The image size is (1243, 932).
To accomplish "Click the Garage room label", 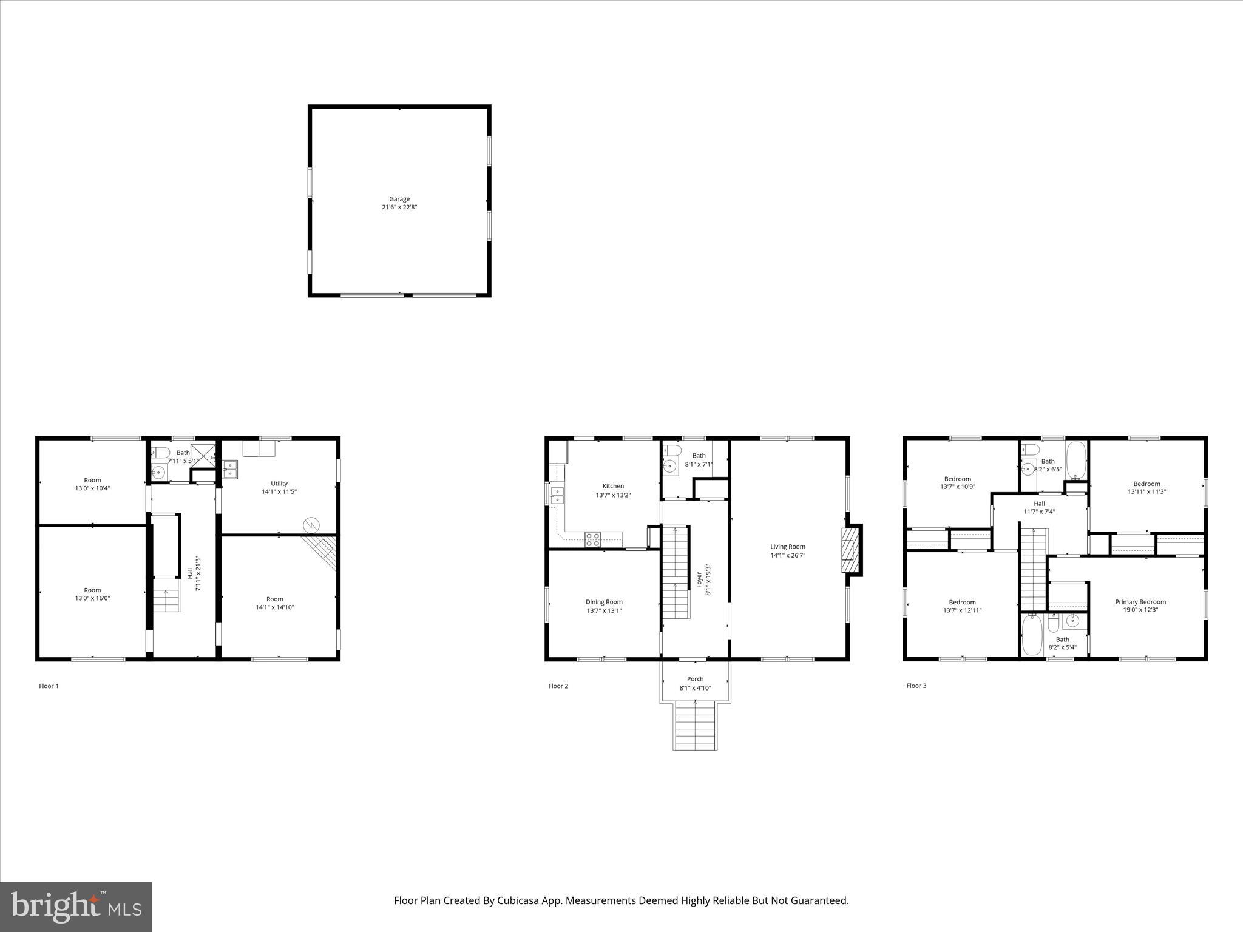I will (x=399, y=199).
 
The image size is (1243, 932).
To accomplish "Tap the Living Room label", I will (x=788, y=547).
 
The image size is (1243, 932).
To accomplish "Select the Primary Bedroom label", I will (x=1140, y=602).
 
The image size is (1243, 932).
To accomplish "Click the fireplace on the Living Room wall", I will (x=850, y=550).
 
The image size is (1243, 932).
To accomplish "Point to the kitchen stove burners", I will (x=593, y=539).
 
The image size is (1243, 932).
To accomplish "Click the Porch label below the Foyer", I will (x=695, y=679).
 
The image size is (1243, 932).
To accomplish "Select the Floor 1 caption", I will (x=49, y=686).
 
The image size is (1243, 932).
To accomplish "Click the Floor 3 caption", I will (x=916, y=686).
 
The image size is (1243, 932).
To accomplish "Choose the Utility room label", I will (x=279, y=484).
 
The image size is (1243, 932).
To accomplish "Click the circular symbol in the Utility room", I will (x=311, y=524).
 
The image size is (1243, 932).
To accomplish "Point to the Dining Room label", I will (x=604, y=602).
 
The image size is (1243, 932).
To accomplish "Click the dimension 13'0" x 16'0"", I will (x=92, y=598).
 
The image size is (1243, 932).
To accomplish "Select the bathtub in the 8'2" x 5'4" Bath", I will (x=1031, y=635).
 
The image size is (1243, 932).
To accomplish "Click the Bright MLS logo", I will (x=76, y=907).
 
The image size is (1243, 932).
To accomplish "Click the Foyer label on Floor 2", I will (x=699, y=579).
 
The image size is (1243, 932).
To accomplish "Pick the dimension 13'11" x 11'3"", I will (x=1146, y=492).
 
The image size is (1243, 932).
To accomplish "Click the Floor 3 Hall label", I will (x=1039, y=504).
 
